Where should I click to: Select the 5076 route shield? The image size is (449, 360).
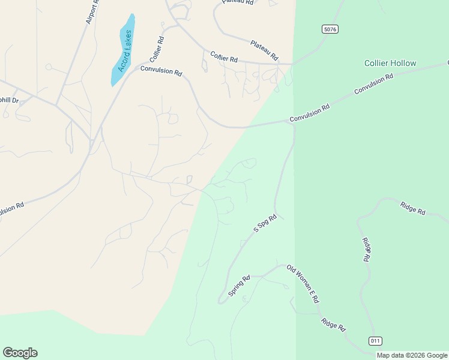pyautogui.click(x=330, y=29)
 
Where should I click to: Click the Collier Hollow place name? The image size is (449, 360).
pyautogui.click(x=390, y=63)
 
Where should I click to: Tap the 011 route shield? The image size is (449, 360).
pyautogui.click(x=375, y=341)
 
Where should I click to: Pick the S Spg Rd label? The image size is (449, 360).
pyautogui.click(x=265, y=223)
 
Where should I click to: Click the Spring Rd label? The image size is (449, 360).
pyautogui.click(x=239, y=286)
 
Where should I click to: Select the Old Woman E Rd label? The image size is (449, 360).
pyautogui.click(x=302, y=284)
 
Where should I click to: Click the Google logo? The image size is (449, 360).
pyautogui.click(x=20, y=353)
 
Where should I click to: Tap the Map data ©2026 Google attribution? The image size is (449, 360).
pyautogui.click(x=412, y=355)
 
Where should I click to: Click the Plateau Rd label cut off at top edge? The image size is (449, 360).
pyautogui.click(x=238, y=2)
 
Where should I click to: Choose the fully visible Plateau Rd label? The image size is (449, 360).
pyautogui.click(x=264, y=50)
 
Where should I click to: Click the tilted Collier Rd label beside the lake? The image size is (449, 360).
pyautogui.click(x=157, y=49)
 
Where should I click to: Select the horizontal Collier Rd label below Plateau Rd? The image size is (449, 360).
pyautogui.click(x=224, y=57)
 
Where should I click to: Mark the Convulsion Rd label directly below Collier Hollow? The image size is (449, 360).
pyautogui.click(x=373, y=84)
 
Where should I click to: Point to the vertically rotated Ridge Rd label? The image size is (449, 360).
pyautogui.click(x=365, y=249)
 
